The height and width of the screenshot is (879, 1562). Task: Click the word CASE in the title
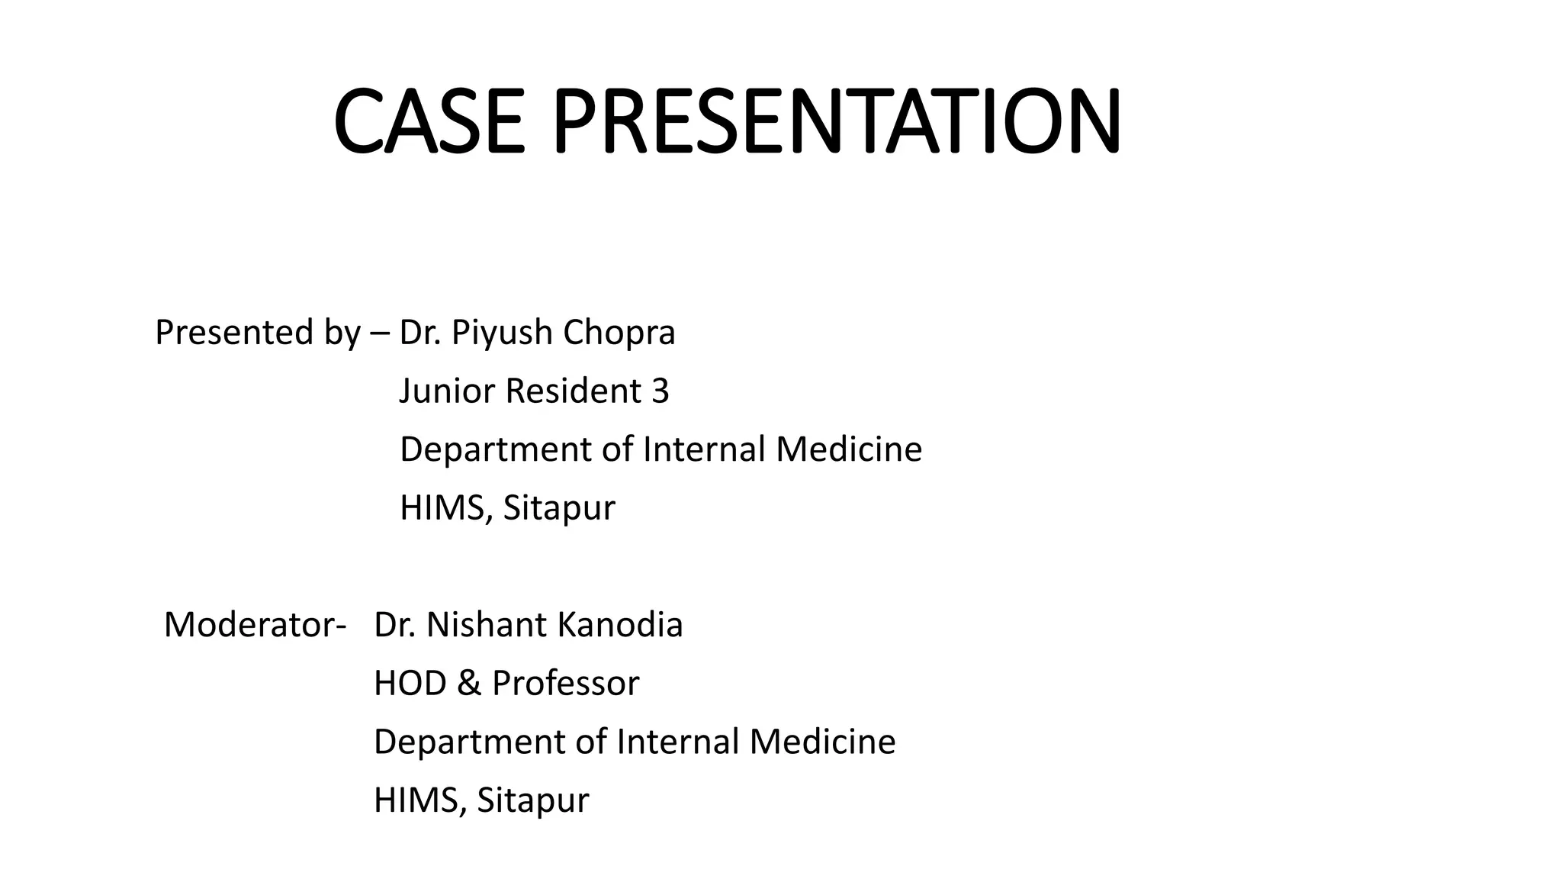pyautogui.click(x=429, y=122)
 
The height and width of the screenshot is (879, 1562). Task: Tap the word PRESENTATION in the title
pyautogui.click(x=837, y=122)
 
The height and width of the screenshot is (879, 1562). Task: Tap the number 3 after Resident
pyautogui.click(x=660, y=391)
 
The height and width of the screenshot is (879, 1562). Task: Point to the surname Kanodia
pyautogui.click(x=620, y=625)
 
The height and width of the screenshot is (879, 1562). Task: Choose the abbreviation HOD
pyautogui.click(x=410, y=684)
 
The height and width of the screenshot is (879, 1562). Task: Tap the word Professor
pyautogui.click(x=565, y=684)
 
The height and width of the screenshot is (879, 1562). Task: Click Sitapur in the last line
pyautogui.click(x=532, y=801)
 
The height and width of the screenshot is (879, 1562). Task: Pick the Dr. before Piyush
pyautogui.click(x=419, y=333)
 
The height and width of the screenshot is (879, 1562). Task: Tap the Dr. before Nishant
pyautogui.click(x=394, y=625)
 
